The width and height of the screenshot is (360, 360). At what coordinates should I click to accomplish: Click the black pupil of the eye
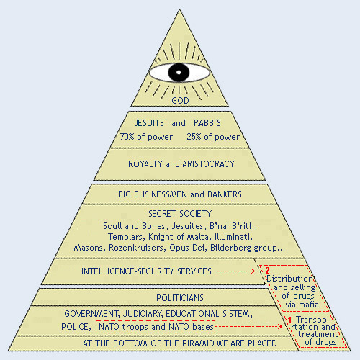click(x=179, y=72)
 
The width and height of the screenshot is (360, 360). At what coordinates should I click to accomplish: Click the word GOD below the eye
click(x=180, y=100)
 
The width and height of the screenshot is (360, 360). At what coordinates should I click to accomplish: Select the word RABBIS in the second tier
click(x=207, y=123)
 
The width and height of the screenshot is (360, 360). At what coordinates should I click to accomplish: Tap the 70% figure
click(x=127, y=137)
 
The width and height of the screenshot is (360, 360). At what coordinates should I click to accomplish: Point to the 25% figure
click(x=194, y=137)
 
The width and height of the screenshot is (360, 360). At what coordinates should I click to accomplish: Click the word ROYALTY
click(x=145, y=164)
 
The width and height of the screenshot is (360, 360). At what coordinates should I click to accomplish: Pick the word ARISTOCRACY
click(x=208, y=164)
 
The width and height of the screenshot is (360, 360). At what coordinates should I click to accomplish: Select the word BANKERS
click(x=225, y=194)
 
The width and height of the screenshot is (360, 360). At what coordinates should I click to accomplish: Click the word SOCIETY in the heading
click(x=196, y=214)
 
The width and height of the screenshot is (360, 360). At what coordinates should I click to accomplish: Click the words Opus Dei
click(x=188, y=248)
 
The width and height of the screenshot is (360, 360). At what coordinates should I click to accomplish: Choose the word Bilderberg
click(x=230, y=248)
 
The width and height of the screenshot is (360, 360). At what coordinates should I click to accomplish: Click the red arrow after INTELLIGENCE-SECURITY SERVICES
click(x=236, y=271)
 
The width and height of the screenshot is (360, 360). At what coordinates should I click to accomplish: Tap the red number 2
click(x=267, y=271)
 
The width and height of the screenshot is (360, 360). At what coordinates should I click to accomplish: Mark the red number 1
click(x=289, y=320)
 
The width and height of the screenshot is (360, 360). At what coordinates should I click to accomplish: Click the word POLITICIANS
click(x=180, y=298)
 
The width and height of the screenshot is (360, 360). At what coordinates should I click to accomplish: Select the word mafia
click(x=309, y=305)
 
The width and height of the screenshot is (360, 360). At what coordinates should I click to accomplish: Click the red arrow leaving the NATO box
click(x=249, y=326)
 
